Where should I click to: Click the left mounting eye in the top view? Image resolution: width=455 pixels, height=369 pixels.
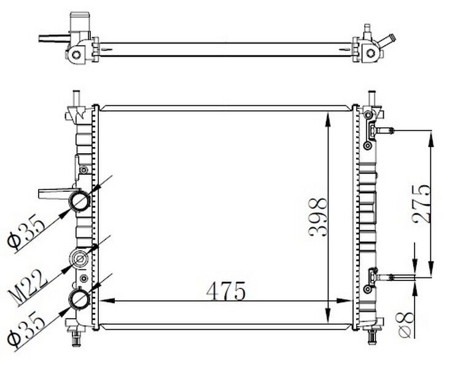pyautogui.click(x=76, y=54)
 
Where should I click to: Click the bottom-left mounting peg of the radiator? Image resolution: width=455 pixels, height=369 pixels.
pyautogui.click(x=76, y=336)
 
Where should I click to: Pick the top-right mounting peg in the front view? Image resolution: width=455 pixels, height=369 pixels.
pyautogui.click(x=371, y=98)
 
